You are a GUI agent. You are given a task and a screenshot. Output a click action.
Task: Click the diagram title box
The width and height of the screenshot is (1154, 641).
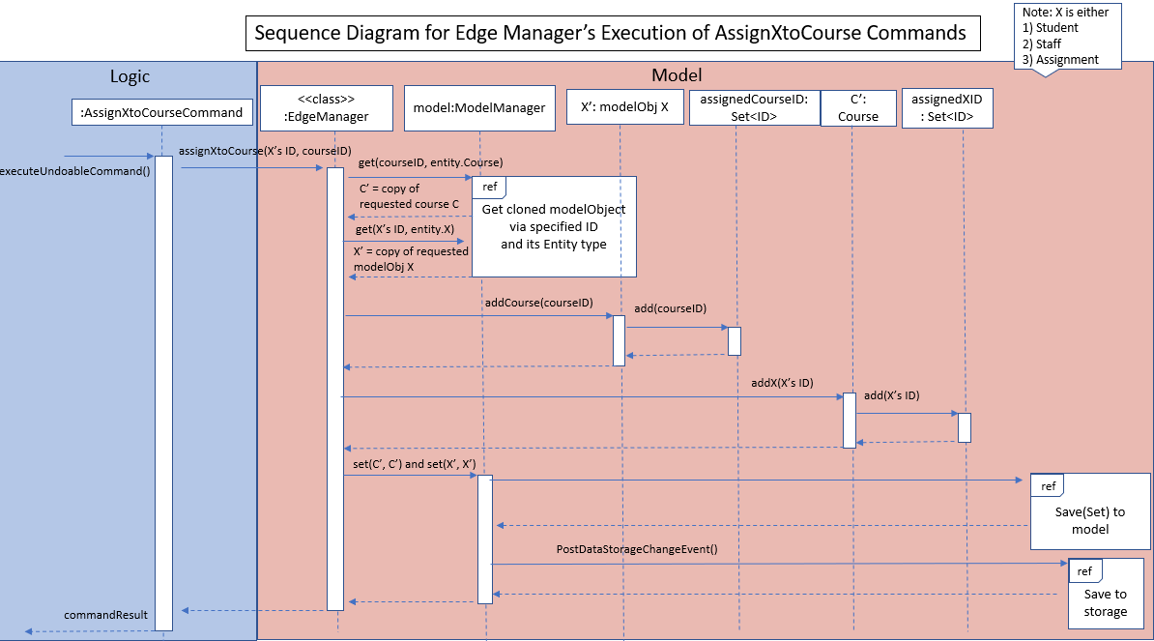(613, 33)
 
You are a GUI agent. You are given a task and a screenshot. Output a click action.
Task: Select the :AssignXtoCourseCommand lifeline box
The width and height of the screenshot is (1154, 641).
(162, 112)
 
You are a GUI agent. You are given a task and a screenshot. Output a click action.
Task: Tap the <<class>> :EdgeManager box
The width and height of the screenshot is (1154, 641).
(326, 108)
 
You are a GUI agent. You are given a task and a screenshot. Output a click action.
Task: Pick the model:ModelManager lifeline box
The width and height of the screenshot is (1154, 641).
(479, 108)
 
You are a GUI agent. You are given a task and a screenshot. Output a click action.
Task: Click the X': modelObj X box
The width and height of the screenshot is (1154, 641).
(624, 107)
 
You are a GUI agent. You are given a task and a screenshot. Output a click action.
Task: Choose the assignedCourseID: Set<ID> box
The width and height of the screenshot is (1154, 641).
(755, 107)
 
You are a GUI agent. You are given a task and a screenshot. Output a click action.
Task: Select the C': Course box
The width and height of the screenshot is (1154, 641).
(858, 108)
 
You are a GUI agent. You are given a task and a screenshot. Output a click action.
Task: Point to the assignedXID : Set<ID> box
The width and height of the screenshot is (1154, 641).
(947, 108)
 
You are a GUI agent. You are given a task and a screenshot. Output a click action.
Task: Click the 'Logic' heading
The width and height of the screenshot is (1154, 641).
(130, 76)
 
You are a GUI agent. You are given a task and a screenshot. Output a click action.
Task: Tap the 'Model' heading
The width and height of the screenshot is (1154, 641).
(677, 75)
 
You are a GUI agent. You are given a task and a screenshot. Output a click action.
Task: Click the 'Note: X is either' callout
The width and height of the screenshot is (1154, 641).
(1067, 36)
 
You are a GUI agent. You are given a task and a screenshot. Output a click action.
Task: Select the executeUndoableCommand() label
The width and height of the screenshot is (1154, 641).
(74, 171)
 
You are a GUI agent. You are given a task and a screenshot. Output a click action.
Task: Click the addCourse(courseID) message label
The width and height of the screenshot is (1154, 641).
(538, 303)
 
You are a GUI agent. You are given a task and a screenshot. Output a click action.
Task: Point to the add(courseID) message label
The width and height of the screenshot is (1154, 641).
(670, 308)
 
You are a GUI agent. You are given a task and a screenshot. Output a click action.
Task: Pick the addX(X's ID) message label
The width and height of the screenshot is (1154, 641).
(782, 383)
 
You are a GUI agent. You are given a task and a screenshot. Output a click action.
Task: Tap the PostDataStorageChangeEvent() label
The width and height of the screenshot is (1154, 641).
(637, 549)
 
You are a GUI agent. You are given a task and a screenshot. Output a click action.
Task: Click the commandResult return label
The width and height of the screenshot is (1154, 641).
(106, 615)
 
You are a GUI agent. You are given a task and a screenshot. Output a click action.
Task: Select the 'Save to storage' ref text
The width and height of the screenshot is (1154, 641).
(1106, 602)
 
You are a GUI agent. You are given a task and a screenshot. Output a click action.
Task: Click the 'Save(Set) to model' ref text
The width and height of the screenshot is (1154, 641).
(1090, 520)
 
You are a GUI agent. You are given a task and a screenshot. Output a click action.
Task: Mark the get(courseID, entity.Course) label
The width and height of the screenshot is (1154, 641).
(430, 162)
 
